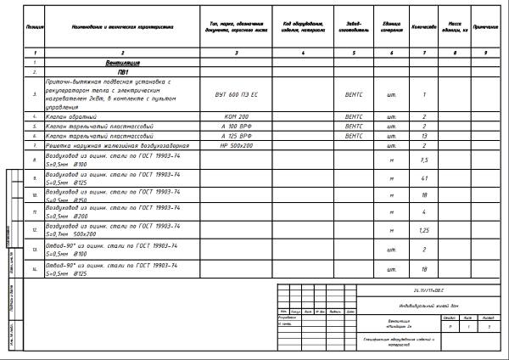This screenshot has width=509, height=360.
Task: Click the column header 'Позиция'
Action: point(36,27)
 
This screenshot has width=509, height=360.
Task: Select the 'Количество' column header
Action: point(423,27)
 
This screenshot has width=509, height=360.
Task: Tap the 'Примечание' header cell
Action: point(487,27)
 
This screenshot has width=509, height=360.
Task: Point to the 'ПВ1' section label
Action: point(124,73)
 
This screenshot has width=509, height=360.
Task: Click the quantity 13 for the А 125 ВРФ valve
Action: point(423,136)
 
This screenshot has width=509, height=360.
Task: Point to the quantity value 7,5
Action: point(423,159)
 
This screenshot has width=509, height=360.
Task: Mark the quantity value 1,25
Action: point(423,230)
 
